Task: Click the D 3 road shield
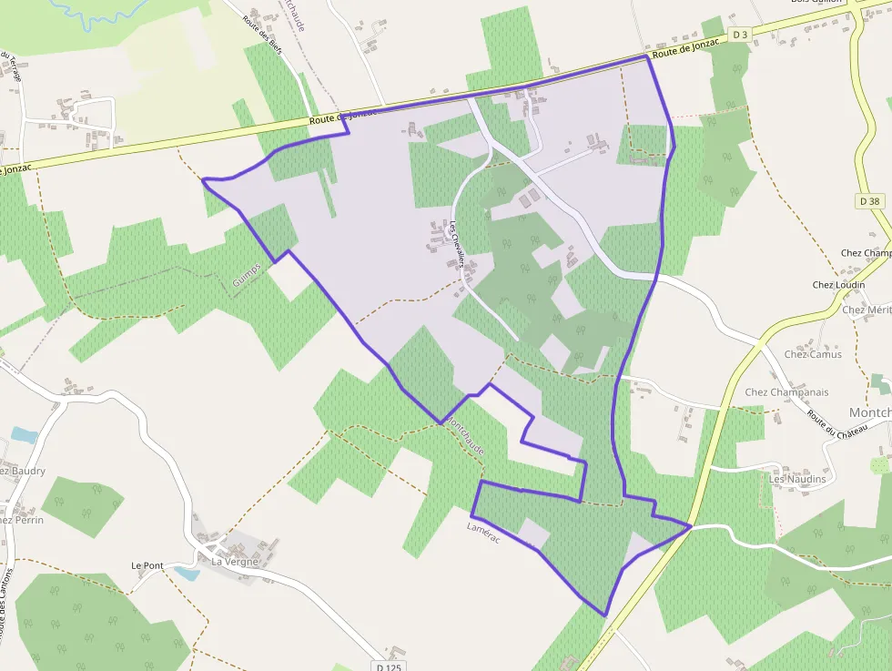740,35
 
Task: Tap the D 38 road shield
868,200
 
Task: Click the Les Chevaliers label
457,245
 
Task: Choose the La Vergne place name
236,562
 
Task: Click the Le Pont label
147,565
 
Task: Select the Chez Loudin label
839,285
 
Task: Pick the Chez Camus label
813,354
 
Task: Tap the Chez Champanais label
786,392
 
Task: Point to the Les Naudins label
797,479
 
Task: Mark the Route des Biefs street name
263,36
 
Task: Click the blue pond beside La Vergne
186,574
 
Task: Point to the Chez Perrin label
20,520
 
